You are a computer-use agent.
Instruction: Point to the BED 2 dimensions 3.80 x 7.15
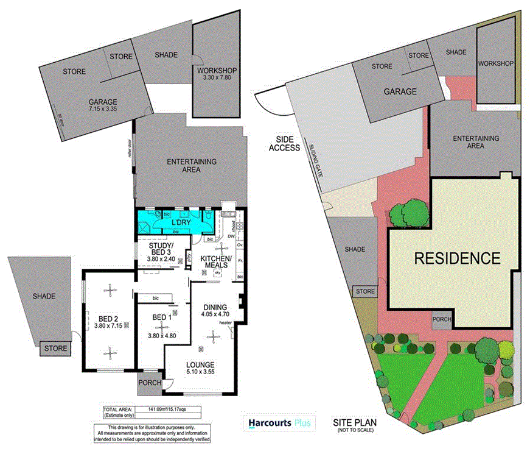point(110,325)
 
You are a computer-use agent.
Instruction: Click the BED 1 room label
point(161,318)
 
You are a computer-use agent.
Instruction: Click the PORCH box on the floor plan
point(149,383)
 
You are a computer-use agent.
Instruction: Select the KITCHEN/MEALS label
point(216,261)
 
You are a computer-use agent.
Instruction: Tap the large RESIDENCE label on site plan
point(457,258)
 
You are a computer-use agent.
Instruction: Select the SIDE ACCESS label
point(284,144)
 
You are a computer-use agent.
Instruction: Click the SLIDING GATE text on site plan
point(315,160)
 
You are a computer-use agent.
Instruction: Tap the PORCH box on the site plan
point(441,319)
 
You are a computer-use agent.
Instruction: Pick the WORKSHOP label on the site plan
point(496,63)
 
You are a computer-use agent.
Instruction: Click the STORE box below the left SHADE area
point(55,349)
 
